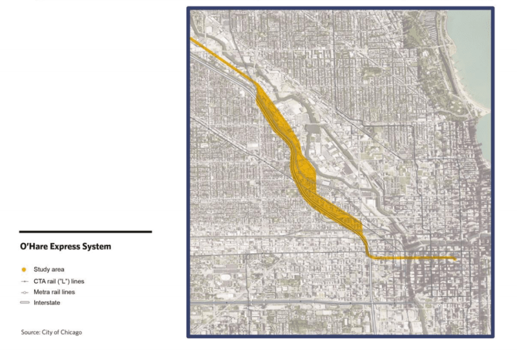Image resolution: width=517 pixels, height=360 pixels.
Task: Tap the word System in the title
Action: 98,246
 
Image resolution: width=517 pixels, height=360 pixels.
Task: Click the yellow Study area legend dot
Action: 24,269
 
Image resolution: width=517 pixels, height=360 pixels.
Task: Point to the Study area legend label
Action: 49,269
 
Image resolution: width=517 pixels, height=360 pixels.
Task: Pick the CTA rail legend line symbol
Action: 24,281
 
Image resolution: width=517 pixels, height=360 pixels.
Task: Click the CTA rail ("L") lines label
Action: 59,281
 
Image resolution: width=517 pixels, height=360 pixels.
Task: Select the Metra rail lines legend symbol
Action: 24,292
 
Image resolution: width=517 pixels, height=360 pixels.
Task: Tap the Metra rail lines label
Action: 54,292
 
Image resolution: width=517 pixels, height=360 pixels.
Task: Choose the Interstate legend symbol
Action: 25,302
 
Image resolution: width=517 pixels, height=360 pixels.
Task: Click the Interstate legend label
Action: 47,302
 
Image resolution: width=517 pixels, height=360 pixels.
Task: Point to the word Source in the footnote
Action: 30,332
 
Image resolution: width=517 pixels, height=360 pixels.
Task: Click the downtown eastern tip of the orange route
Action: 455,259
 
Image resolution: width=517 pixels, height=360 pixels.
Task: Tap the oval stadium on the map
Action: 226,277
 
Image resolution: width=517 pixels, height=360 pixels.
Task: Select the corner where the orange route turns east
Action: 370,257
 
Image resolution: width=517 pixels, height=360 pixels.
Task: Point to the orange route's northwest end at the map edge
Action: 193,41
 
